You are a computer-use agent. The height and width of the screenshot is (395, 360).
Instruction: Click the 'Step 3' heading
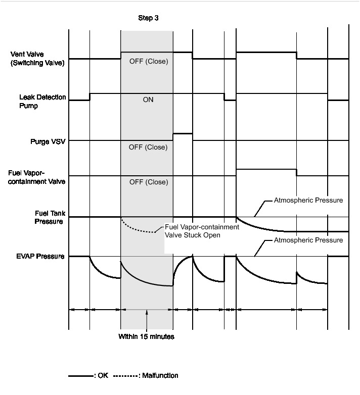[x=148, y=18]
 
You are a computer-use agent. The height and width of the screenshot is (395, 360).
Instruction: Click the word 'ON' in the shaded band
[x=148, y=100]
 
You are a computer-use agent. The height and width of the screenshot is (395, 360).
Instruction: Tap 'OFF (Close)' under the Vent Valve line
[x=149, y=62]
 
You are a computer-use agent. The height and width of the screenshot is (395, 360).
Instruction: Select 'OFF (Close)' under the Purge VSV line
[x=149, y=147]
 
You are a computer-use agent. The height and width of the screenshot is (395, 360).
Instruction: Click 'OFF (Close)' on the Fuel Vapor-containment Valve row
[x=149, y=182]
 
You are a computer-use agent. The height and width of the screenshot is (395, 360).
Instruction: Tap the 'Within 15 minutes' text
[x=147, y=336]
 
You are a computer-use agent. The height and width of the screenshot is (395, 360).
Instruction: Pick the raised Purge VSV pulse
[x=183, y=134]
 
